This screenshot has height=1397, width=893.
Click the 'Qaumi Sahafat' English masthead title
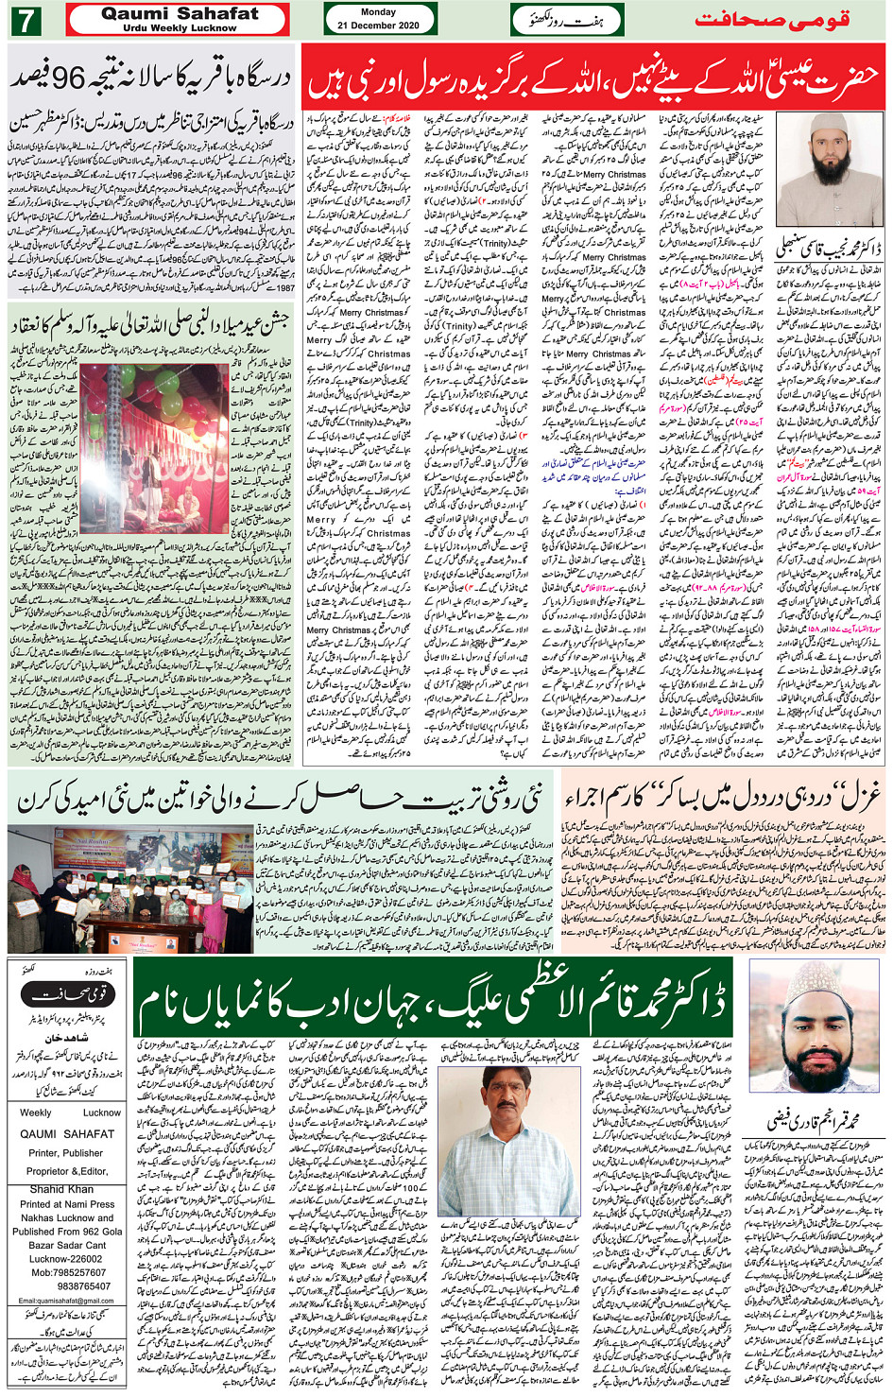tap(180, 14)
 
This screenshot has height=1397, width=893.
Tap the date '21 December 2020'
tap(379, 26)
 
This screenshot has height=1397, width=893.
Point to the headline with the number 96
tap(151, 78)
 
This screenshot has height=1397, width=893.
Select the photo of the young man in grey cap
tap(813, 1036)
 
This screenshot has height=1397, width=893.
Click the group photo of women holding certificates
tap(130, 888)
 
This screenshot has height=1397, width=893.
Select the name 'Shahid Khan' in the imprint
tap(61, 1189)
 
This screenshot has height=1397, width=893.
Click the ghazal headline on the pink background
tap(723, 798)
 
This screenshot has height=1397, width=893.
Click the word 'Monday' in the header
tap(379, 12)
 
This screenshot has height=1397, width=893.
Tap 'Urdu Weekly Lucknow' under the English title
tap(180, 28)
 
